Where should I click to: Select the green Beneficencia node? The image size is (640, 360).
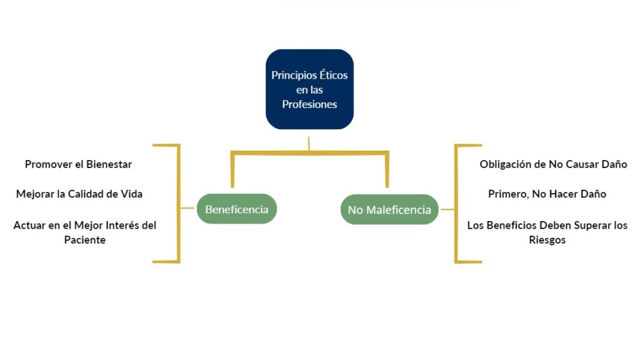point(236,209)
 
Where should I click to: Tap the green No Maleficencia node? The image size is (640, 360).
point(389,210)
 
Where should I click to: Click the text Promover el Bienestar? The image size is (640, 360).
point(78,164)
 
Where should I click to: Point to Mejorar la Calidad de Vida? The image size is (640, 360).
point(79,194)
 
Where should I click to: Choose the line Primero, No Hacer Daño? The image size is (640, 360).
point(547,194)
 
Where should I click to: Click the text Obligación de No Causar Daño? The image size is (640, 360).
point(553,164)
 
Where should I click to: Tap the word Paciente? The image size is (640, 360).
point(85,239)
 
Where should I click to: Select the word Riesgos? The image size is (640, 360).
point(547,239)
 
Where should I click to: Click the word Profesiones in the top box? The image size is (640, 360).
point(309,104)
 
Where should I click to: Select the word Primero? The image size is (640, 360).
point(507,194)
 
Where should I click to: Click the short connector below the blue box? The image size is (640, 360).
point(309,143)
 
